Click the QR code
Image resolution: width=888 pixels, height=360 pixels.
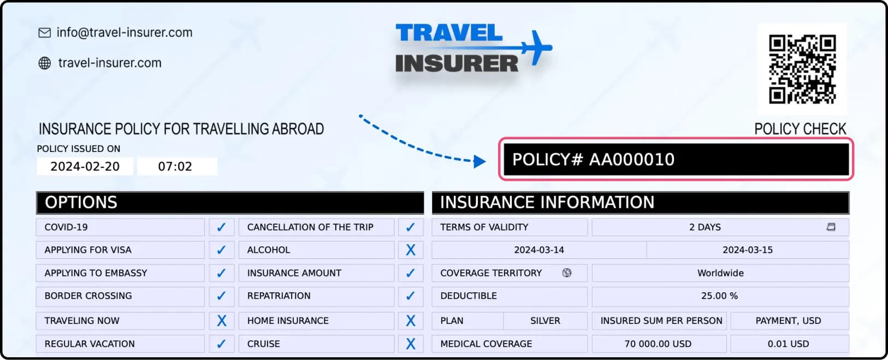click(802, 69)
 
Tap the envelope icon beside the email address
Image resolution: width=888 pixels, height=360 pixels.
click(44, 33)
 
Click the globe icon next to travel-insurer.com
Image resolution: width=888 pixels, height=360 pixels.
click(44, 63)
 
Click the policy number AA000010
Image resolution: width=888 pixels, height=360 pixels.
click(631, 160)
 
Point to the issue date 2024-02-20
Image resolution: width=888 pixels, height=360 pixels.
click(85, 167)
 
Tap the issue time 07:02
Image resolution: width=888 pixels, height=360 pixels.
click(175, 167)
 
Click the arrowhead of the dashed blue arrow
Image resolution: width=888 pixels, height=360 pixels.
click(479, 161)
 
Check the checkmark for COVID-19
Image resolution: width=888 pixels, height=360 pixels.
click(221, 227)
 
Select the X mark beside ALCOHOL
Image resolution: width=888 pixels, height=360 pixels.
click(411, 250)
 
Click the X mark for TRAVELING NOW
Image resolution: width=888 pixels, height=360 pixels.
click(222, 320)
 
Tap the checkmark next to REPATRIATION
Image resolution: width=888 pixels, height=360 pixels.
click(410, 296)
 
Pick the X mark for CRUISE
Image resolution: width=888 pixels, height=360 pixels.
click(411, 344)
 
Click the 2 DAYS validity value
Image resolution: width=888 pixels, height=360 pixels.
click(705, 227)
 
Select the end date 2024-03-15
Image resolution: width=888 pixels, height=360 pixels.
click(747, 250)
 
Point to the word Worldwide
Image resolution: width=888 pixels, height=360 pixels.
click(720, 273)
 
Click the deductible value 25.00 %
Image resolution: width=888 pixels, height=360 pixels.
click(719, 296)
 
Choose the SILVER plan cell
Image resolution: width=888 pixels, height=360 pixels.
click(545, 321)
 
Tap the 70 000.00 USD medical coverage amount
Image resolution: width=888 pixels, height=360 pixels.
click(658, 344)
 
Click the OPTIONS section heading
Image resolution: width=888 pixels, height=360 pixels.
click(81, 203)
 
